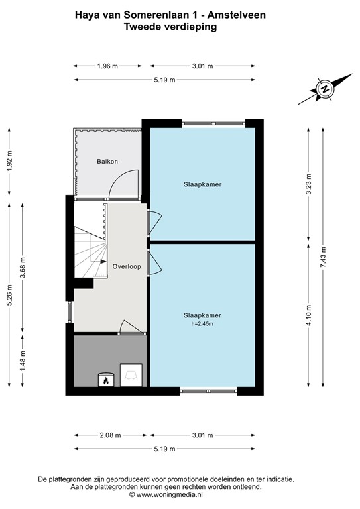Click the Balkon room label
tap(107, 161)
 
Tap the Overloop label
tap(127, 266)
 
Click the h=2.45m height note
tap(203, 323)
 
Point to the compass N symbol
tap(324, 89)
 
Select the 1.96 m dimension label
tap(107, 66)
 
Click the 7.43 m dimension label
tap(323, 257)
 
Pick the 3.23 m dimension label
tap(309, 184)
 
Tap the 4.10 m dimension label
tap(309, 315)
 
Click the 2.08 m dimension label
tap(111, 435)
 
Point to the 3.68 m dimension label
tap(23, 268)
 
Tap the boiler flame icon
tap(106, 380)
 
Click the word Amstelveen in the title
tap(236, 15)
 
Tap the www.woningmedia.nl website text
tap(169, 494)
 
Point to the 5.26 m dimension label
tap(9, 295)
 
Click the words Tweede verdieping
tap(170, 27)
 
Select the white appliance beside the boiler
tap(131, 375)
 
